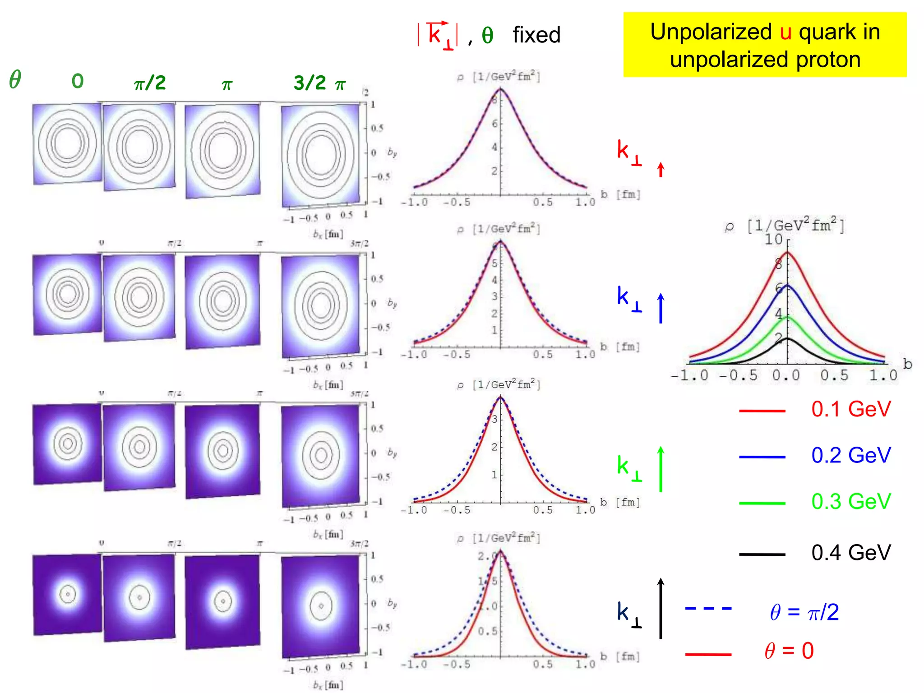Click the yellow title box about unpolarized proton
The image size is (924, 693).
pos(765,45)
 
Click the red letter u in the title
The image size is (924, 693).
pos(785,32)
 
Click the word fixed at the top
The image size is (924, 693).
pos(536,35)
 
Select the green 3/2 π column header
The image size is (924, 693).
pos(319,83)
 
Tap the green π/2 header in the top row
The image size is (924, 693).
pos(150,83)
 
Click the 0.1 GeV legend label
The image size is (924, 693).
pos(851,409)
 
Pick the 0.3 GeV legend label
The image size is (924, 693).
pos(851,501)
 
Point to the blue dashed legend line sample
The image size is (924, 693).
pos(708,609)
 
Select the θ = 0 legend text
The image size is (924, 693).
pos(789,651)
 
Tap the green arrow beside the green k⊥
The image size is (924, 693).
pos(661,469)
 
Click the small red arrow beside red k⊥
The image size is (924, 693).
pos(661,170)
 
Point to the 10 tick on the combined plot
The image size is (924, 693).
pos(773,240)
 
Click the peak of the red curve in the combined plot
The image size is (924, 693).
pos(787,253)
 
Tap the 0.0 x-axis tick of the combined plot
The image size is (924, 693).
pos(786,375)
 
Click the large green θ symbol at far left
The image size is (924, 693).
pos(15,80)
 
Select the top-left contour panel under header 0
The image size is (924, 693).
pos(67,143)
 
